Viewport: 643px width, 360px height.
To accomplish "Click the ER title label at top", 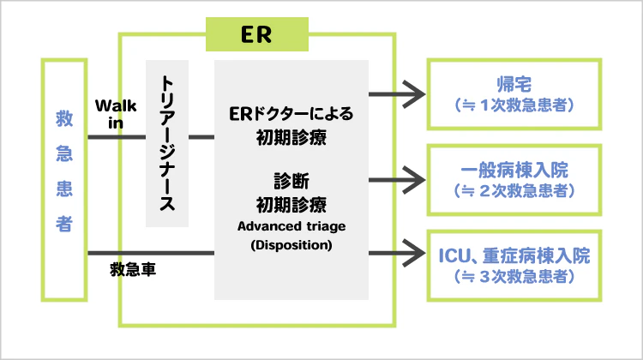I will (257, 35).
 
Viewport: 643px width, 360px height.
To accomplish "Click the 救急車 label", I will (133, 269).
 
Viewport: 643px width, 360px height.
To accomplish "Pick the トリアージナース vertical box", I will (167, 143).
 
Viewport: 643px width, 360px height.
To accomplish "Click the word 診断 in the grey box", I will (291, 181).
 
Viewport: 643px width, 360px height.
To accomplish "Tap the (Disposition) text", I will (291, 243).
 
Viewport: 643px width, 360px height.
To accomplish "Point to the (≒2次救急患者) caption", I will (514, 190).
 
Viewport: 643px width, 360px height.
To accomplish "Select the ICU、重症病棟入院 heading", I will (514, 255).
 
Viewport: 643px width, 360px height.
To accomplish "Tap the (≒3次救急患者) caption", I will (514, 276).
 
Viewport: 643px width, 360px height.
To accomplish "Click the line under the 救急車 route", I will (151, 254).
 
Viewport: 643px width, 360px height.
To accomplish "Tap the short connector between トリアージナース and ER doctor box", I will (201, 136).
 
